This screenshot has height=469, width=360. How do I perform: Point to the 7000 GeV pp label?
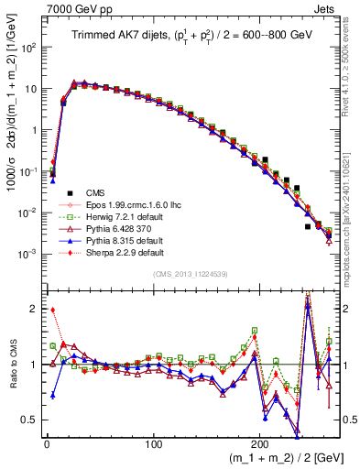[x=34, y=6]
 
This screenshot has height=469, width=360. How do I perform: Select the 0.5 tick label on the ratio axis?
[x=31, y=420]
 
